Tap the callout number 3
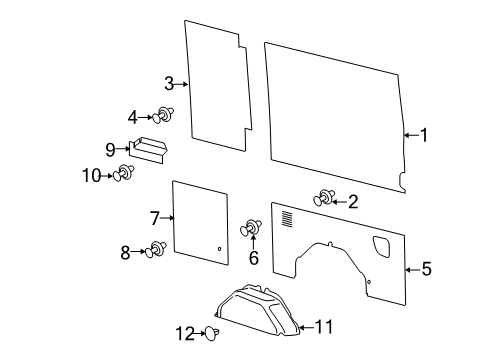point(169,84)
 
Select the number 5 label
point(426,268)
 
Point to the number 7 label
point(155,217)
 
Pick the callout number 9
point(110,150)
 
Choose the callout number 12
point(184,333)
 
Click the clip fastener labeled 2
point(324,199)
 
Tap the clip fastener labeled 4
point(164,117)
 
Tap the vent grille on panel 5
point(288,217)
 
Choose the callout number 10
point(90,175)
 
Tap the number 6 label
point(253,258)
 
